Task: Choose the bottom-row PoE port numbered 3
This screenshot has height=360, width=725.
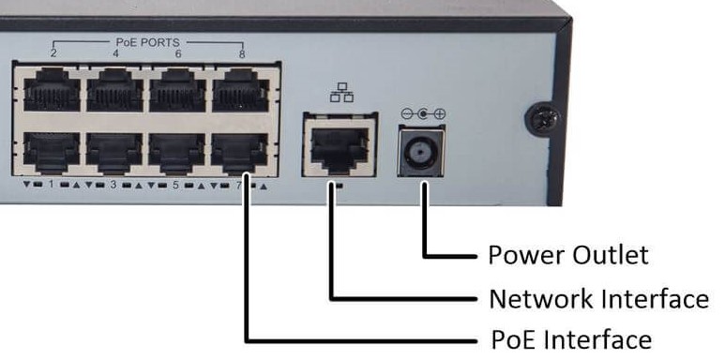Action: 113,151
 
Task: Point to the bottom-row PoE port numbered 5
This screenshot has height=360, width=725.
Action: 177,151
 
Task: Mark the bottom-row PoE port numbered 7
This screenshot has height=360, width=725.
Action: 240,151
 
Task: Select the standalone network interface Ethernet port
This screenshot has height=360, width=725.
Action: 338,145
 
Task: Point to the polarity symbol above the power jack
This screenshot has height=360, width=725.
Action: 423,114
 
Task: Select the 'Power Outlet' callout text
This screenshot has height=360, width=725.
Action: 567,255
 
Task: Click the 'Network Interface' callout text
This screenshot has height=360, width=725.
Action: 598,299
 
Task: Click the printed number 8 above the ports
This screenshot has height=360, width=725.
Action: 242,53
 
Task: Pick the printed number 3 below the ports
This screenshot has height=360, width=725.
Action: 113,186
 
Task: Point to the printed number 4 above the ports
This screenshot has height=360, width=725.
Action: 115,53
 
